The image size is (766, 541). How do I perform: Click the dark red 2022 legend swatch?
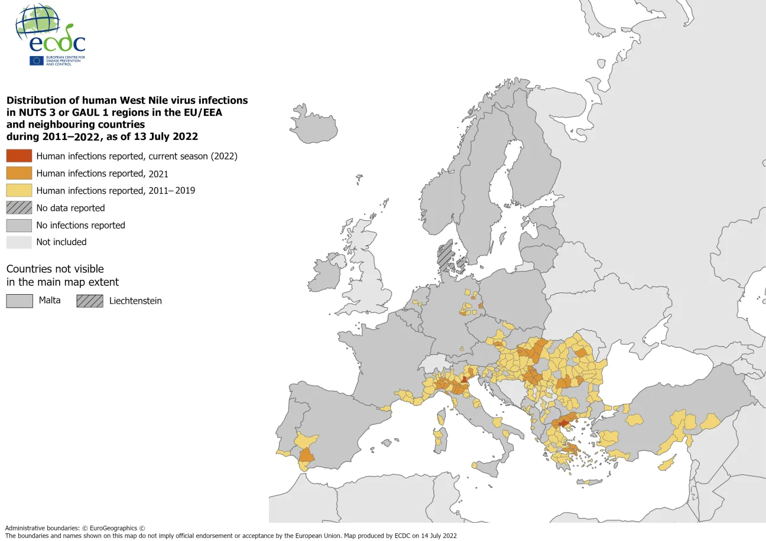[x=19, y=156]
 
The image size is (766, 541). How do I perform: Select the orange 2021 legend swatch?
[x=19, y=173]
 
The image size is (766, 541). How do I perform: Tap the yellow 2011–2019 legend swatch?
[x=19, y=190]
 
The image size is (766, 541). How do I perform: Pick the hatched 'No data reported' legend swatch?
[x=19, y=208]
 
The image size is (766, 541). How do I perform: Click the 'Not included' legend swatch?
[x=19, y=242]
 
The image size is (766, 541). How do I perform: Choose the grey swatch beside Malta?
[x=19, y=301]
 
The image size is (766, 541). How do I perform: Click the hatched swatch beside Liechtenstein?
[x=89, y=301]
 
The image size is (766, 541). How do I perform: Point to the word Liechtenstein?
[x=135, y=301]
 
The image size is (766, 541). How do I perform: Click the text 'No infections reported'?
[x=80, y=225]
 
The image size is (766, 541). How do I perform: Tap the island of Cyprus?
[x=667, y=462]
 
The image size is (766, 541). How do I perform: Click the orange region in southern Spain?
[x=306, y=455]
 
